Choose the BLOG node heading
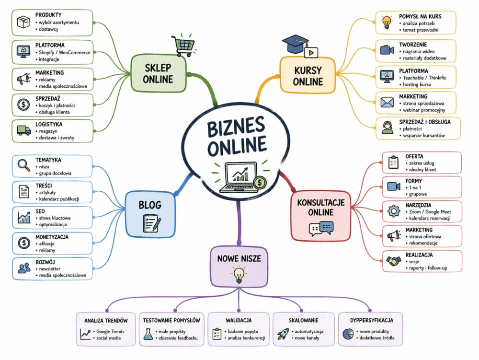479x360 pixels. coord(150,205)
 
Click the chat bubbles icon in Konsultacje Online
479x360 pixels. coord(320,229)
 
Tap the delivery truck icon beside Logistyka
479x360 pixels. coord(23,130)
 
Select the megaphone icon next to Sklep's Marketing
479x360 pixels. coord(23,79)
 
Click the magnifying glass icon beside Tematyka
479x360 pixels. coord(23,166)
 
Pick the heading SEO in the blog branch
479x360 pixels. coord(40,211)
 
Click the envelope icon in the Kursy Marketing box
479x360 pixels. coord(387,103)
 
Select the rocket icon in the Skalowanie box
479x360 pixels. coord(283,334)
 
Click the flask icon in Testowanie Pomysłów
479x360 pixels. coord(148,335)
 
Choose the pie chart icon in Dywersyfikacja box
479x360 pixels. coord(348,335)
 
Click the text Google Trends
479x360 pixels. coord(109,332)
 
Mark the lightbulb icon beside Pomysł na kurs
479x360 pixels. coord(387,22)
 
